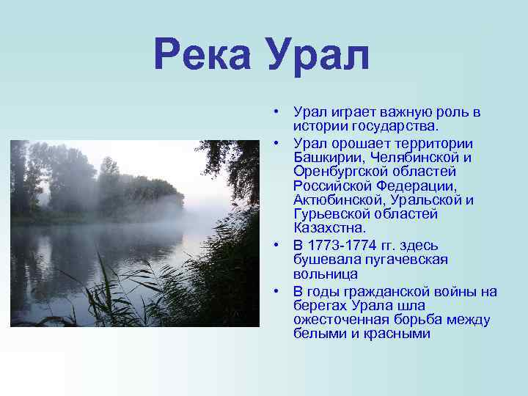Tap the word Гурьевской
click(330, 214)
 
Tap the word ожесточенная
click(337, 320)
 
